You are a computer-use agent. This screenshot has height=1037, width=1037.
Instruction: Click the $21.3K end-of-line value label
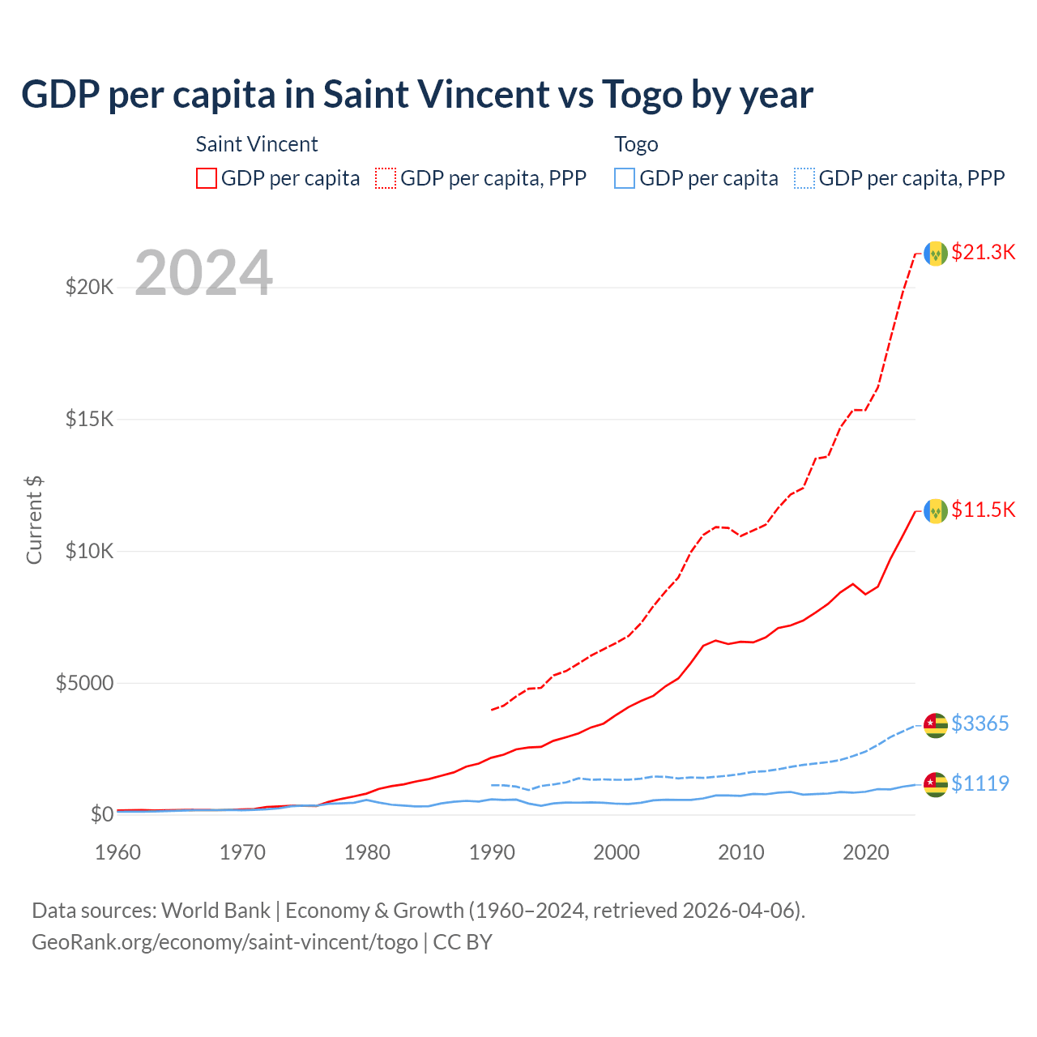[983, 252]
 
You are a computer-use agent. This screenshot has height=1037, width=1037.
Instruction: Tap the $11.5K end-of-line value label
[983, 510]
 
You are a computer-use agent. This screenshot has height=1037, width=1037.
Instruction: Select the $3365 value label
[979, 723]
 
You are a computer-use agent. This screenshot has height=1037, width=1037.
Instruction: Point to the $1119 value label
[979, 783]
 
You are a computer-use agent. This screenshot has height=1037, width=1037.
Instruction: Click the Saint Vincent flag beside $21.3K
[936, 254]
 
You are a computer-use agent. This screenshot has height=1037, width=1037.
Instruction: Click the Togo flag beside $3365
[936, 725]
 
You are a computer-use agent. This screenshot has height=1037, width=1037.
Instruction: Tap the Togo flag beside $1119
[936, 784]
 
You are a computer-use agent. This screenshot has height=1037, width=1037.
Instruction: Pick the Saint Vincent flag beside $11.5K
[936, 511]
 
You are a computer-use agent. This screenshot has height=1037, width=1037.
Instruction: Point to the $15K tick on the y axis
[89, 419]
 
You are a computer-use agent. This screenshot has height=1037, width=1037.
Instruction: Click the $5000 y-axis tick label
[84, 683]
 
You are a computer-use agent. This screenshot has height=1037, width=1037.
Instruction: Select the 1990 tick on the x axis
[492, 852]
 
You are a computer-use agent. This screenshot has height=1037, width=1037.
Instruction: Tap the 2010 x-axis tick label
[741, 852]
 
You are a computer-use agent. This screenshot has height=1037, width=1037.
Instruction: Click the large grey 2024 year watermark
[203, 273]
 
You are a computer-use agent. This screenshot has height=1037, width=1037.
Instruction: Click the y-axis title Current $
[34, 519]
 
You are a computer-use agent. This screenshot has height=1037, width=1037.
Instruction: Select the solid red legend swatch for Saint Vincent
[207, 178]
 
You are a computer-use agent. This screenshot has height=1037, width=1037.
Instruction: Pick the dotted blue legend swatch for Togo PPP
[804, 178]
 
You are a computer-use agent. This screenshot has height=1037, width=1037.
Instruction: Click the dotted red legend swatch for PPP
[386, 178]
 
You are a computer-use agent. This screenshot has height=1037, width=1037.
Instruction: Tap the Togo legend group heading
[636, 144]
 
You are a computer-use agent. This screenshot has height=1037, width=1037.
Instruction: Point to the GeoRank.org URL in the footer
[224, 942]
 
